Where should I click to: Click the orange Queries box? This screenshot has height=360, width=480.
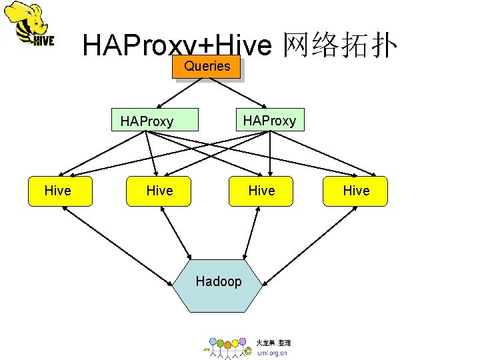pyautogui.click(x=207, y=67)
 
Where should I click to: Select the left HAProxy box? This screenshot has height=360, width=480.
pyautogui.click(x=155, y=120)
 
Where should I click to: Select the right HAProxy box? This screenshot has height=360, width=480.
pyautogui.click(x=269, y=120)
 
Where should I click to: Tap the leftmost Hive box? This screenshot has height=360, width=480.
pyautogui.click(x=57, y=191)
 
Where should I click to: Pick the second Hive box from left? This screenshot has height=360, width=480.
pyautogui.click(x=159, y=191)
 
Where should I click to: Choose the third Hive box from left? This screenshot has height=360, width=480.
pyautogui.click(x=261, y=191)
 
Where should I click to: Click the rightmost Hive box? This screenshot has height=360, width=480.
pyautogui.click(x=356, y=191)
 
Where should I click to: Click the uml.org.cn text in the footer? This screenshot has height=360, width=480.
pyautogui.click(x=272, y=353)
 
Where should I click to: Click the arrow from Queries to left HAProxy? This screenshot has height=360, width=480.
pyautogui.click(x=182, y=93)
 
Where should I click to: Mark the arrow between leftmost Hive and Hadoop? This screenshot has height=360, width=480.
pyautogui.click(x=117, y=242)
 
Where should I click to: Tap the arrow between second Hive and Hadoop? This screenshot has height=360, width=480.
pyautogui.click(x=177, y=233)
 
